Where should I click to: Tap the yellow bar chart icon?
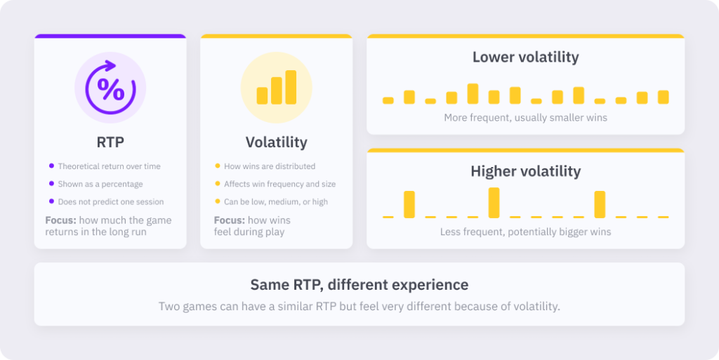click(277, 87)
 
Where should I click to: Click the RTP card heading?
click(110, 142)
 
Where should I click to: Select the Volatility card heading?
click(277, 142)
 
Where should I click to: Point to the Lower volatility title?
click(525, 58)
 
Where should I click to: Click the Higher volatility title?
click(525, 171)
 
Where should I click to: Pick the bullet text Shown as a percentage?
click(100, 184)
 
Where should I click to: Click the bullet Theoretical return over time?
click(109, 166)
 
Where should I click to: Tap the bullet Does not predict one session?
click(110, 202)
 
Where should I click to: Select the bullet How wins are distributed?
click(270, 166)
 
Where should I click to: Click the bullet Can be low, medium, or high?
click(275, 202)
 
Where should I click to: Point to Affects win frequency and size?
click(279, 184)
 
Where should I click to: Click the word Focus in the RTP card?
click(60, 220)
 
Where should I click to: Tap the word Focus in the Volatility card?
click(230, 220)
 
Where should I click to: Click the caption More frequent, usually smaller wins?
click(525, 118)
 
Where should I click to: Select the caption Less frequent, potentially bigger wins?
click(525, 232)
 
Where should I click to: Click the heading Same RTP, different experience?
click(359, 285)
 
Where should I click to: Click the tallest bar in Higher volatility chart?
click(494, 203)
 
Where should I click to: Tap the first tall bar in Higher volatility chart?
click(409, 204)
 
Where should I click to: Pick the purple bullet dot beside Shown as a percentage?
click(51, 184)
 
